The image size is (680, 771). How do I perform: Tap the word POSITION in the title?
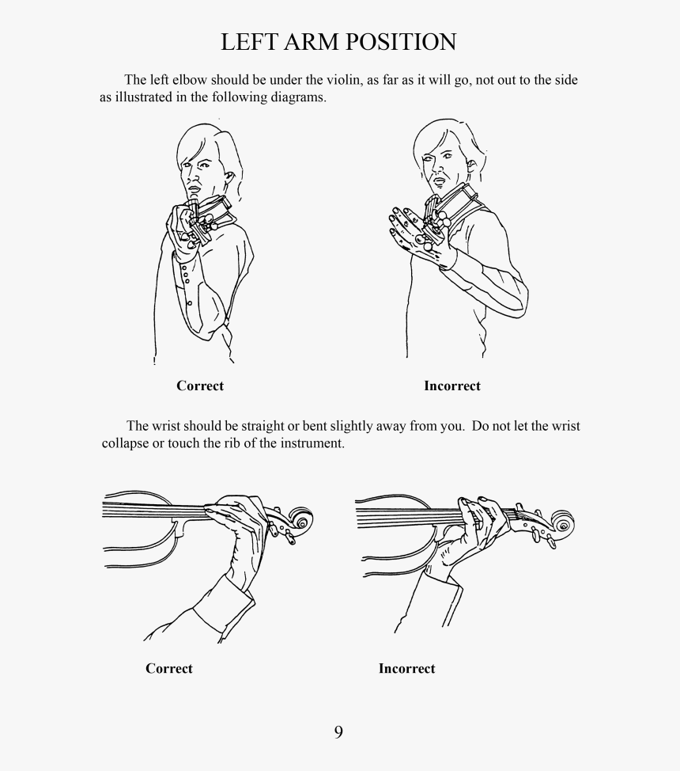tap(400, 42)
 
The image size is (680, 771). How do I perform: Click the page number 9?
tap(338, 732)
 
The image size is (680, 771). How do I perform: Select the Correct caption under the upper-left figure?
tap(200, 385)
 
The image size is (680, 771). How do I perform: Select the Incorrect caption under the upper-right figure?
tap(452, 385)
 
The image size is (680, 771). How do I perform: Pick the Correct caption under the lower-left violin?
tap(169, 668)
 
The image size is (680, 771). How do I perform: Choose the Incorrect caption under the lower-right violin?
tap(406, 668)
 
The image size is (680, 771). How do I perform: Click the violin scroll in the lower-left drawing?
tap(300, 520)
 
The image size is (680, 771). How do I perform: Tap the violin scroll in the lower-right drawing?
tap(562, 524)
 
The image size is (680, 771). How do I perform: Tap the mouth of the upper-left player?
tap(194, 189)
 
